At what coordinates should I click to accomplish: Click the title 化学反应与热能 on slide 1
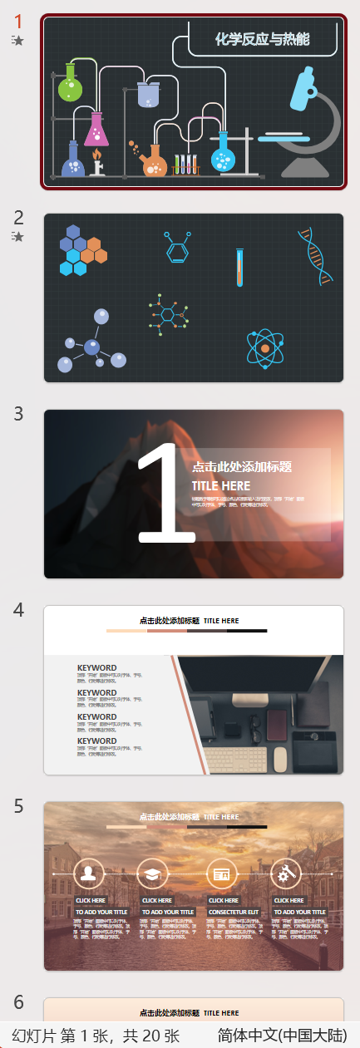[x=262, y=38]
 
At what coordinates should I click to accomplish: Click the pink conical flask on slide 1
[x=96, y=130]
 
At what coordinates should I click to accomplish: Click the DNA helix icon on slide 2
[x=316, y=256]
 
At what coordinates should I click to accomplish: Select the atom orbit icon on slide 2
[x=266, y=347]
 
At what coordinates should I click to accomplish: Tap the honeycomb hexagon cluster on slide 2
[x=80, y=249]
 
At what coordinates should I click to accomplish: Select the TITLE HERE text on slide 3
[x=220, y=485]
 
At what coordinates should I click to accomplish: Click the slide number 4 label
[x=18, y=609]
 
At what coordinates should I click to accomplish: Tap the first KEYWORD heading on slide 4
[x=96, y=667]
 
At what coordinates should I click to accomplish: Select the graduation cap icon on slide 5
[x=152, y=873]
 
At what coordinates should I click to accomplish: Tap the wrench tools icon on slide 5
[x=285, y=873]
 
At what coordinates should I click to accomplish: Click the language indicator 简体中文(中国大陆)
[x=282, y=1036]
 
